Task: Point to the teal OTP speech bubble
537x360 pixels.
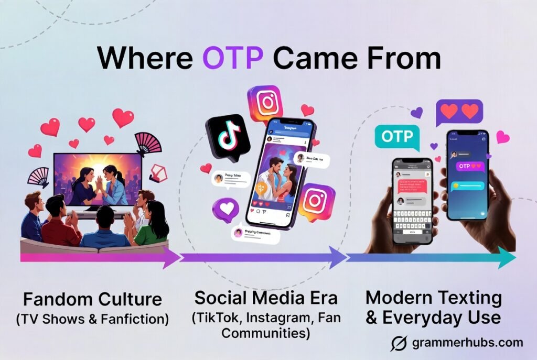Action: tap(398, 138)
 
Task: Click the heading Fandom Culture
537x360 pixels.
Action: tap(92, 300)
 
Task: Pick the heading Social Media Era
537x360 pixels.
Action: tap(266, 298)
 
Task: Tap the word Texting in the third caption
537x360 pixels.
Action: tap(468, 298)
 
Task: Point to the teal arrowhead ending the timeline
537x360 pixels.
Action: tap(506, 257)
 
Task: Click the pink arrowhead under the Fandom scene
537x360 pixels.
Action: tap(170, 257)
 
